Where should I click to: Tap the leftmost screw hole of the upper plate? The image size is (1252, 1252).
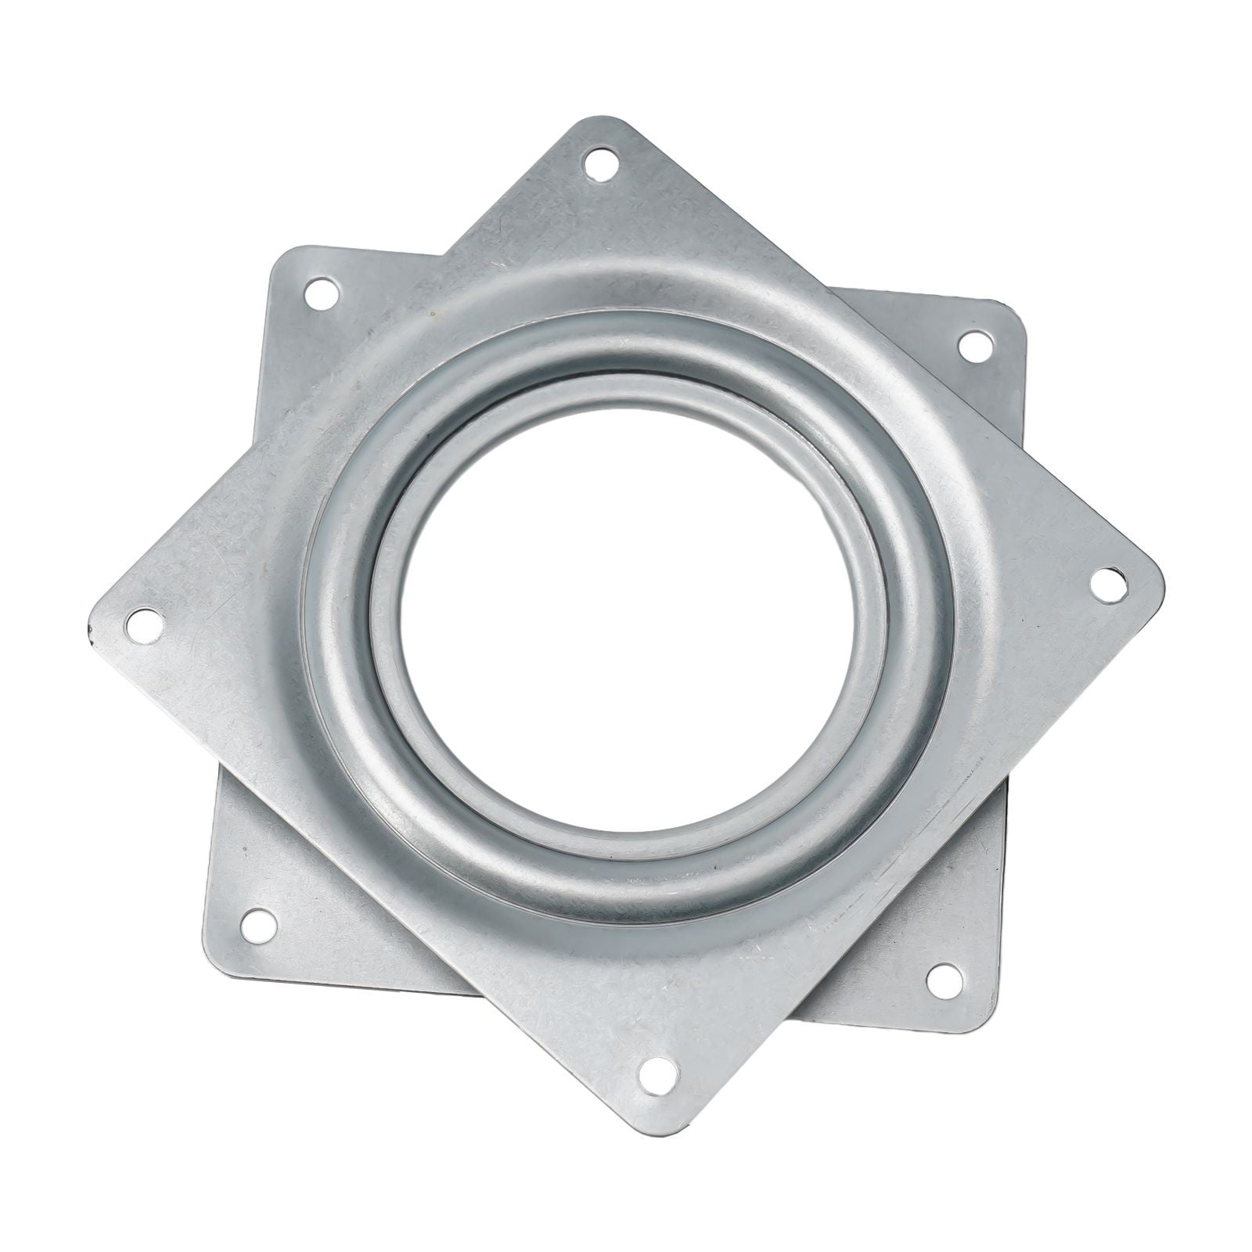tap(142, 624)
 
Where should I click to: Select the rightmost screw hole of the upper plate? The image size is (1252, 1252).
tap(1105, 584)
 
